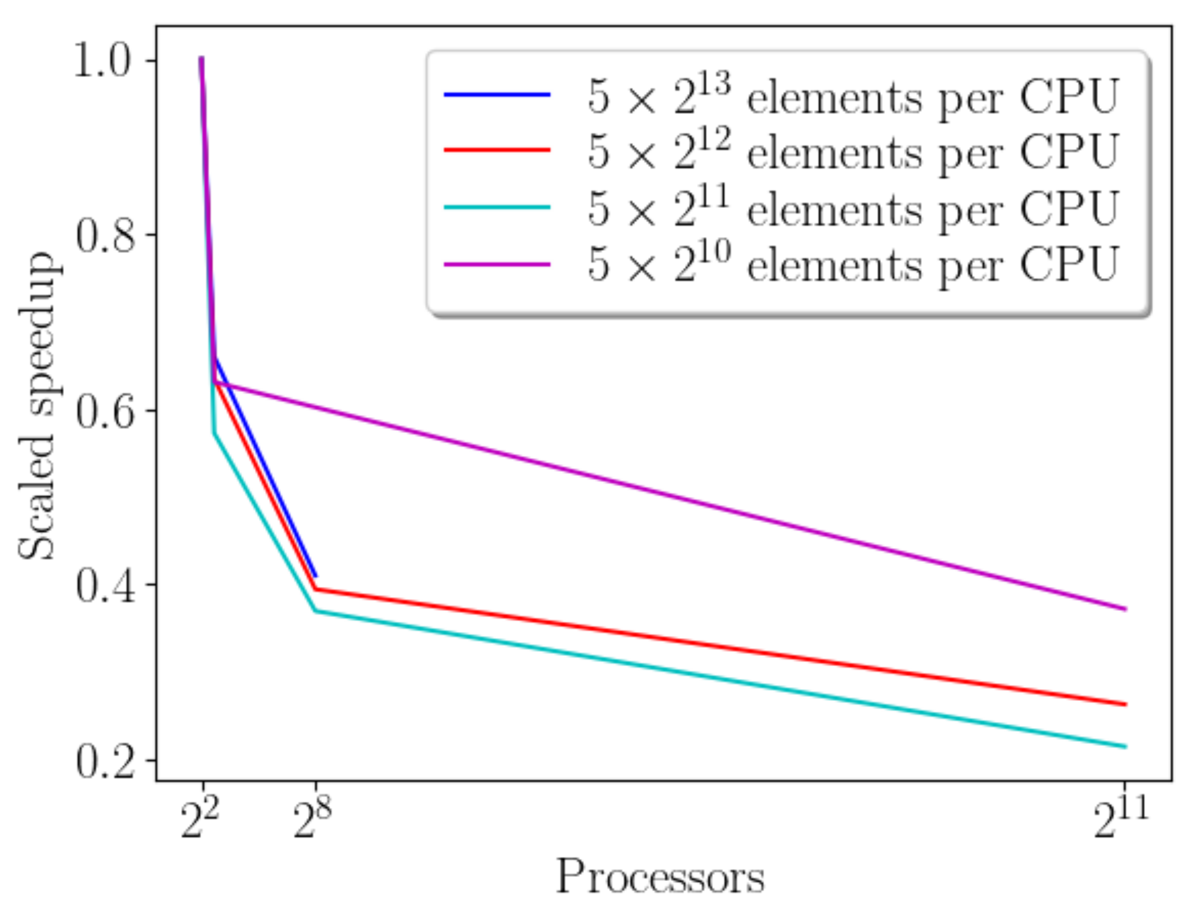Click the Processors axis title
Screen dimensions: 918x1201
(660, 877)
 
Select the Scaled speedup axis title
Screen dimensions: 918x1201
(36, 406)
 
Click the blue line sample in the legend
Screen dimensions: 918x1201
(497, 95)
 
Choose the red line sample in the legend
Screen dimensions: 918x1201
(497, 150)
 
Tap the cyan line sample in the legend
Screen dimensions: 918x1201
(497, 207)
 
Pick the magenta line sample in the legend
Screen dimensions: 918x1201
(497, 264)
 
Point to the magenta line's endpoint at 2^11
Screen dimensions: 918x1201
(1125, 609)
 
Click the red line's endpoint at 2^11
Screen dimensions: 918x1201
(1125, 704)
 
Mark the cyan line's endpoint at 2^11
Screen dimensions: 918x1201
(1125, 746)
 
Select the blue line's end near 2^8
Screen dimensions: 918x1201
(315, 576)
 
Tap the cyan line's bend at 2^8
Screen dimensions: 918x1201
(315, 611)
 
